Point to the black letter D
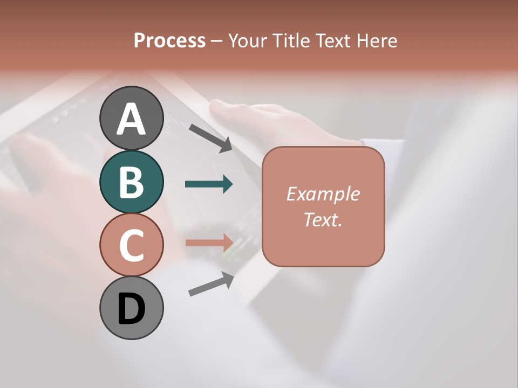[x=131, y=309]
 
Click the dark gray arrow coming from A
[x=210, y=137]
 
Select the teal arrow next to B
[x=208, y=184]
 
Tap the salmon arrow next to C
[x=208, y=242]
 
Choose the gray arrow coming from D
[x=210, y=284]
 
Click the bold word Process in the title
[x=169, y=40]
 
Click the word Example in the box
[x=323, y=194]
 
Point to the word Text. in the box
[x=323, y=219]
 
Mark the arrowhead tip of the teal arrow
[x=232, y=184]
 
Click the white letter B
[x=131, y=182]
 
